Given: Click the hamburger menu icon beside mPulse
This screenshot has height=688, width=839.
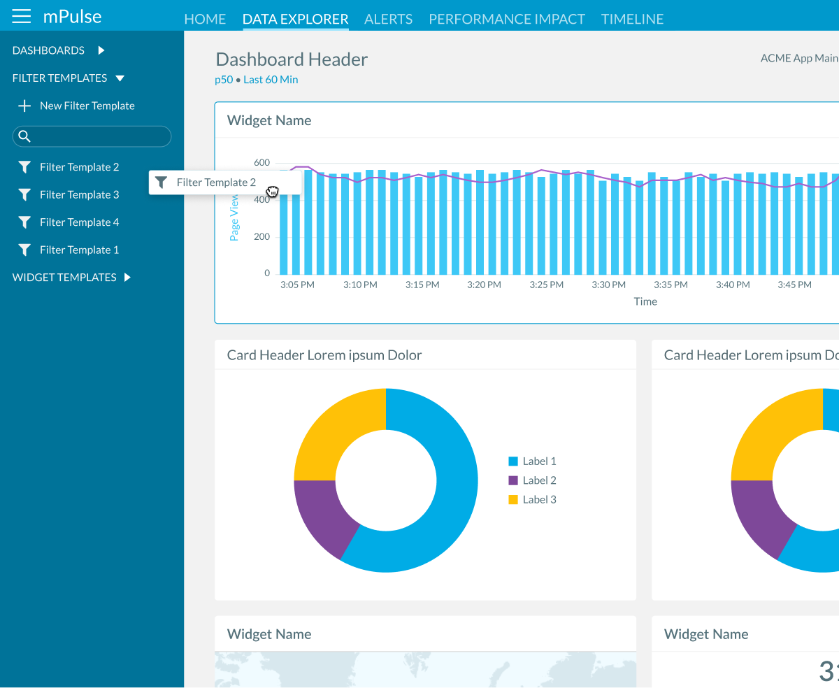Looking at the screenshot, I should click(x=22, y=16).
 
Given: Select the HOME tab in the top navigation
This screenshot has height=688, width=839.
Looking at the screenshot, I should click(x=205, y=19).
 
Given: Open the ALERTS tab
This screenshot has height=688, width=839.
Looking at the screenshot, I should click(x=388, y=19).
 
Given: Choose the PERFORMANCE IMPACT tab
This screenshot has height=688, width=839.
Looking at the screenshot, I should click(x=506, y=19).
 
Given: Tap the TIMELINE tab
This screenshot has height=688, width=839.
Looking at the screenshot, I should click(x=632, y=19).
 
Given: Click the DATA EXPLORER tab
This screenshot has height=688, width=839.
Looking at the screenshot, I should click(x=295, y=19).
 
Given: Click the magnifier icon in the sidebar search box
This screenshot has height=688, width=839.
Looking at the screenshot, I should click(x=24, y=136).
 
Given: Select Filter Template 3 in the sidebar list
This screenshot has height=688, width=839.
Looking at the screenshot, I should click(x=78, y=194).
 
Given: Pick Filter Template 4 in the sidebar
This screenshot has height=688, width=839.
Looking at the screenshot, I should click(x=78, y=222).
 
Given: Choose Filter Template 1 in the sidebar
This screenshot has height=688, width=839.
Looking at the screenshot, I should click(x=78, y=250).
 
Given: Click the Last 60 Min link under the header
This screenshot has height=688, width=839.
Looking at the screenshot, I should click(x=271, y=80).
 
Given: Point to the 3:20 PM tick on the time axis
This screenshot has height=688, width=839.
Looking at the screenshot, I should click(x=484, y=285).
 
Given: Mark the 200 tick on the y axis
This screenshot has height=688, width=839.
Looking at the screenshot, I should click(x=261, y=237).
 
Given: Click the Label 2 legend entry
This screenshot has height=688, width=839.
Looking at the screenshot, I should click(x=538, y=480).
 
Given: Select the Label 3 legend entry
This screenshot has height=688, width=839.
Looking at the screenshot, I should click(x=538, y=499).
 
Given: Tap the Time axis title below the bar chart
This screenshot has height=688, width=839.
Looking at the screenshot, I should click(x=645, y=301).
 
